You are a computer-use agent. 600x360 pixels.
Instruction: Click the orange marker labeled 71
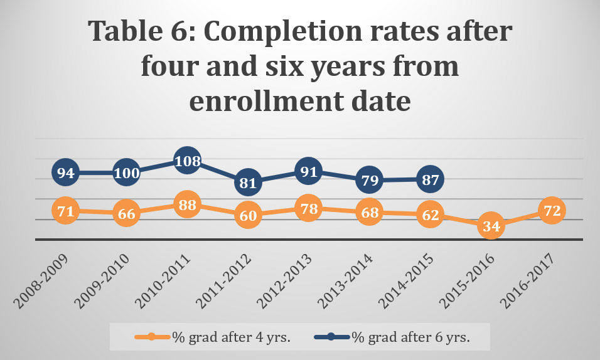pos(66,211)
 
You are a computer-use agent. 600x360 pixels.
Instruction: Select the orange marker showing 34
pos(491,226)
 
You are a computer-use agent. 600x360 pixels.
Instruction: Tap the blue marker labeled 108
pos(187,161)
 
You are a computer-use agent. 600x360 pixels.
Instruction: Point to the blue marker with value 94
pos(66,172)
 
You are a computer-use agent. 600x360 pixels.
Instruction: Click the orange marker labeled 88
pos(187,206)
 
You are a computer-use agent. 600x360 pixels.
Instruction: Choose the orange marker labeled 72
pos(552,211)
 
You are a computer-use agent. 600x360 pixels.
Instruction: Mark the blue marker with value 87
pos(430,179)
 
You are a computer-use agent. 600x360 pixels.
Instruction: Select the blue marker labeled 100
pos(127,172)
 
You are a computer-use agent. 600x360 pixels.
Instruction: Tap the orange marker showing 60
pos(248,215)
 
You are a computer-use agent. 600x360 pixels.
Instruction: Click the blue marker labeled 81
pos(248,183)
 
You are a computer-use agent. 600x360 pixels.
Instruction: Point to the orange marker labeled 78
pos(309,209)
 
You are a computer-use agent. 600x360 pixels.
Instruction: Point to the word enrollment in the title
pos(257,100)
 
